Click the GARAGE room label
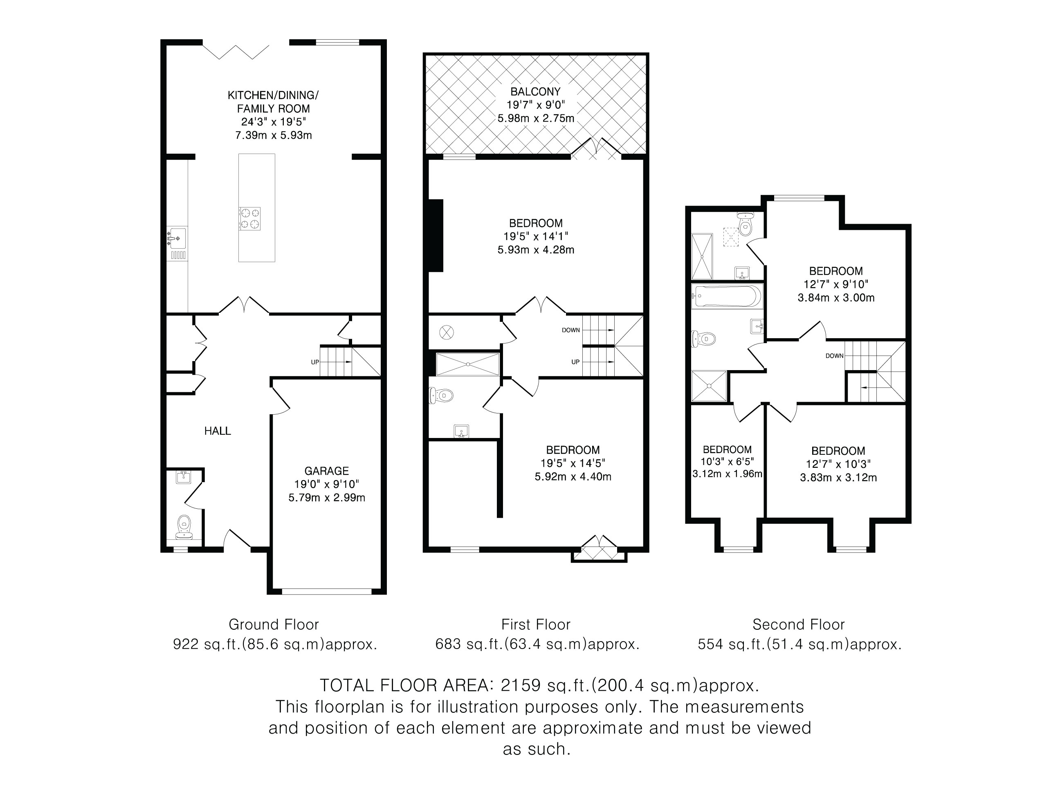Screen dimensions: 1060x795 [x=326, y=471]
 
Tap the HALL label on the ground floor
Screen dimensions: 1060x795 [x=218, y=431]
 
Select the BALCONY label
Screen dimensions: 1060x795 [x=535, y=92]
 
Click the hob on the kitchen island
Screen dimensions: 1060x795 [x=250, y=218]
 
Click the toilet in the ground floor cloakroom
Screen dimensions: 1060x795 [x=184, y=527]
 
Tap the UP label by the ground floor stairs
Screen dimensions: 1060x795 [x=315, y=362]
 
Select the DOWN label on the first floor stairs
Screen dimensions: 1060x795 [x=571, y=330]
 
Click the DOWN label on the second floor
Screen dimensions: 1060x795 [x=834, y=355]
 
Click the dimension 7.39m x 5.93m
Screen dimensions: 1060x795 [x=273, y=135]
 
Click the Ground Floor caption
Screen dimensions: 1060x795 [x=274, y=624]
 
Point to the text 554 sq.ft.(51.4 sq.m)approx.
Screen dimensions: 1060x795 [x=799, y=645]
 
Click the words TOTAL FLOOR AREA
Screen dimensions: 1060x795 [x=407, y=685]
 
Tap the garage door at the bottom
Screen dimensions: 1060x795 [x=326, y=591]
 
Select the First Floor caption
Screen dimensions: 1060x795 [x=536, y=624]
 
